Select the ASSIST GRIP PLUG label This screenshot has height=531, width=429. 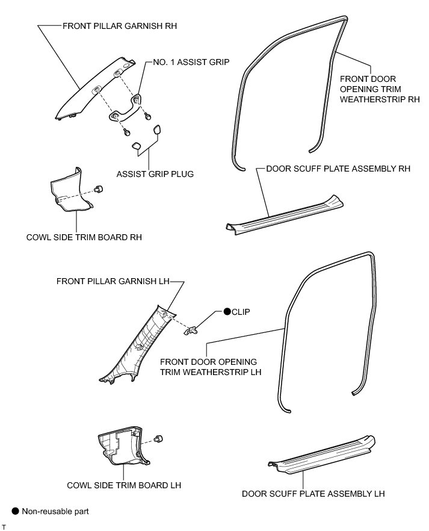coord(155,174)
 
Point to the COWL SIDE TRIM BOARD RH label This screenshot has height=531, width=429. coord(84,237)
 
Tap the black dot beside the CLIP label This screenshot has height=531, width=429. coord(227,312)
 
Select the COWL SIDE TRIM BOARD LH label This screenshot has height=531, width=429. coord(125,485)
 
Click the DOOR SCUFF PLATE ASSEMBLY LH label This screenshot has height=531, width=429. coord(313,494)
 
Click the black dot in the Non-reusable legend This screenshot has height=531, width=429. coord(16,512)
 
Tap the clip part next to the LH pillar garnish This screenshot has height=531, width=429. coord(193,329)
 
